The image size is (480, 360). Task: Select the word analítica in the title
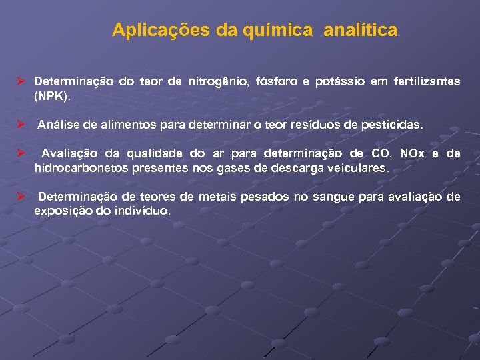(361, 30)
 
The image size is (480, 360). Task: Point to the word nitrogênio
(221, 81)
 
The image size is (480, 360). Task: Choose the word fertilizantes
(423, 81)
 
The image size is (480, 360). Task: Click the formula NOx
(411, 153)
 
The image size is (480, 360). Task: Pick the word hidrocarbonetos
(77, 168)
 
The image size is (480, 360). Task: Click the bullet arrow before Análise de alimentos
(21, 125)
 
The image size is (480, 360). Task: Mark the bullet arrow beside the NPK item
(21, 81)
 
